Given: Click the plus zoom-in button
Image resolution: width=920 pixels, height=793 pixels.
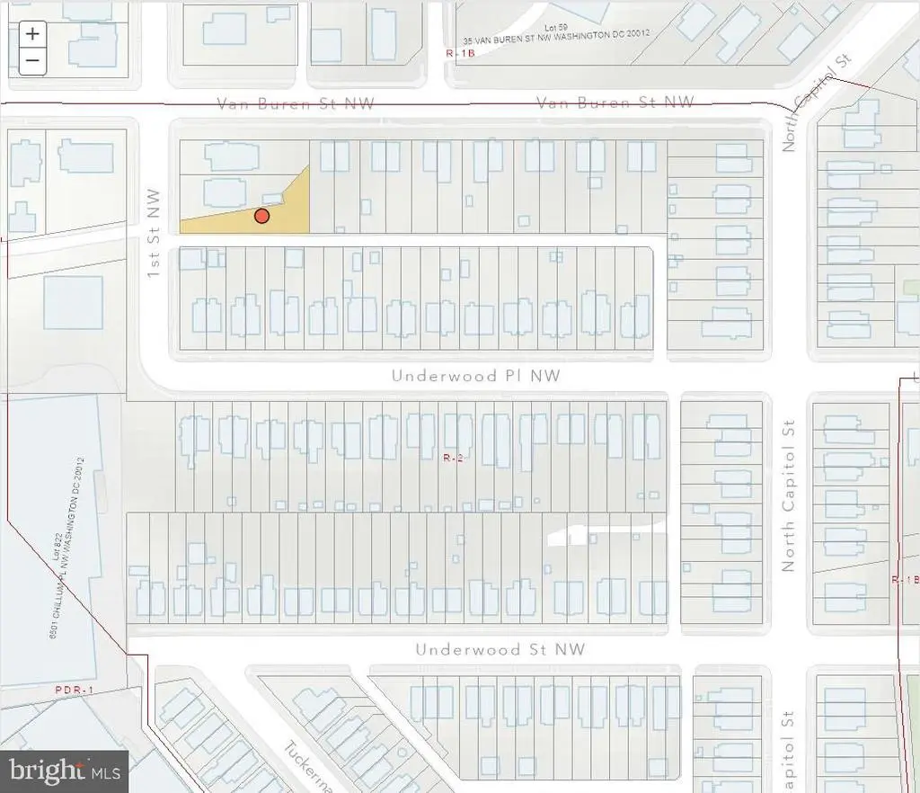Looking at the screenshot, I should [32, 34].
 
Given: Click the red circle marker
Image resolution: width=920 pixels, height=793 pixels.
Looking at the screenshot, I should [261, 216].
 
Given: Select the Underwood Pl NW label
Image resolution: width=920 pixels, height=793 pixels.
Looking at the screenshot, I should [475, 376].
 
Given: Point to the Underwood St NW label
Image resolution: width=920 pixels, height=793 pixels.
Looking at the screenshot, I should [500, 649].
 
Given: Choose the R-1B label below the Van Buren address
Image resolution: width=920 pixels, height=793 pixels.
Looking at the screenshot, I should [456, 54].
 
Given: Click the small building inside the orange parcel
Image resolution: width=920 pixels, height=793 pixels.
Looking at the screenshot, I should [272, 200].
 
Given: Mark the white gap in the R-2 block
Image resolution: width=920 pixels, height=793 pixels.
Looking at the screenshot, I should [575, 535].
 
